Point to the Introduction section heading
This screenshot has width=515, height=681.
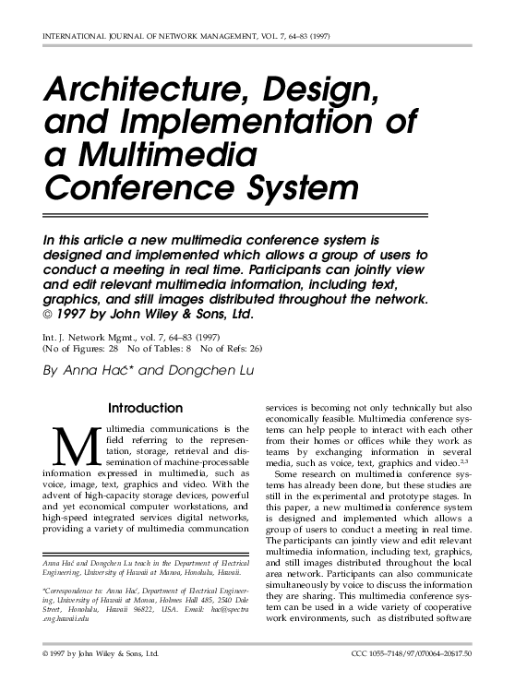146,407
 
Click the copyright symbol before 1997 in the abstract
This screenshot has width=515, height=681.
48,315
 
